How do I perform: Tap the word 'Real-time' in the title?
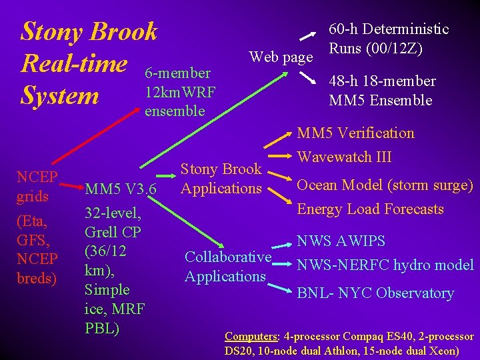[74, 63]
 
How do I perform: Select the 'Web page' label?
[281, 57]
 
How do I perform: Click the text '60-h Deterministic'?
[389, 29]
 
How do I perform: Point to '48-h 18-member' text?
[382, 81]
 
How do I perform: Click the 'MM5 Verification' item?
[355, 133]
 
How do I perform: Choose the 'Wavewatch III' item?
[344, 158]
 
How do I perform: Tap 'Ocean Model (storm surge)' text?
[385, 185]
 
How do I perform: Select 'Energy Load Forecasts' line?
[370, 209]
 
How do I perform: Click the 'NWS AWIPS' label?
[341, 241]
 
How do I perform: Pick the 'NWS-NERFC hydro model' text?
[385, 265]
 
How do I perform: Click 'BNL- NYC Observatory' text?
[375, 293]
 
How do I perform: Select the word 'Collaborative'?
[228, 257]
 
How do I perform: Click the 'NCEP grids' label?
[37, 187]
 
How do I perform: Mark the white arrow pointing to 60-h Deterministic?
[307, 35]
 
